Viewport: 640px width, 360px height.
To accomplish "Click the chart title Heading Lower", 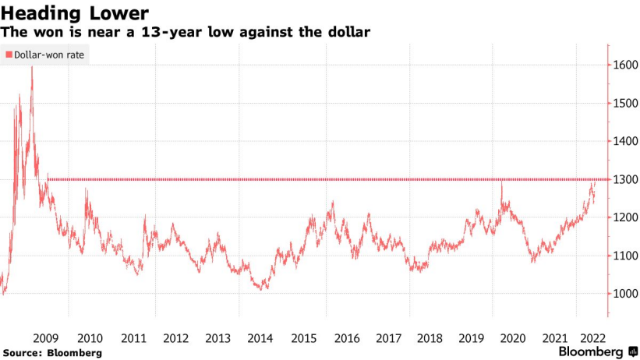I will [x=76, y=13].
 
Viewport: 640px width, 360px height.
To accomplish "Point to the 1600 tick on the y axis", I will [x=624, y=65].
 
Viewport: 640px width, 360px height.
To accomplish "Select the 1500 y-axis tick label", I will [x=624, y=104].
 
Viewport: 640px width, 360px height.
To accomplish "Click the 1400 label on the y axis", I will [x=624, y=142].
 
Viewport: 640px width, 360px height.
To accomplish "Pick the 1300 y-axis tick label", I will [x=624, y=180].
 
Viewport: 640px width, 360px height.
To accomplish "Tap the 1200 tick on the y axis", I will [x=624, y=218].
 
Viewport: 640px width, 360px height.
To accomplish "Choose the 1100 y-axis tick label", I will [x=624, y=256].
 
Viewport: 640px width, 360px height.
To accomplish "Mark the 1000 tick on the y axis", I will [x=624, y=295].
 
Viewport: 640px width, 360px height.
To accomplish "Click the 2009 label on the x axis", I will [x=47, y=338].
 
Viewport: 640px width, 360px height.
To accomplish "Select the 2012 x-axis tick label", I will [x=175, y=338].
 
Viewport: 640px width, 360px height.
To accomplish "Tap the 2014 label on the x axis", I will [x=260, y=338].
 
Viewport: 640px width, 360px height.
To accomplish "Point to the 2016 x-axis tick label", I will [x=346, y=338].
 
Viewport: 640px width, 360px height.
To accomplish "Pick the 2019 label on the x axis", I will [x=472, y=338].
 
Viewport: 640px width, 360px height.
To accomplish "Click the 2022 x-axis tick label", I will [x=593, y=338].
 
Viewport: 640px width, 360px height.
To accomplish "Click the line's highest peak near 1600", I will [x=32, y=68].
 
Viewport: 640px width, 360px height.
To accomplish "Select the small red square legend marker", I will [x=9, y=55].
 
